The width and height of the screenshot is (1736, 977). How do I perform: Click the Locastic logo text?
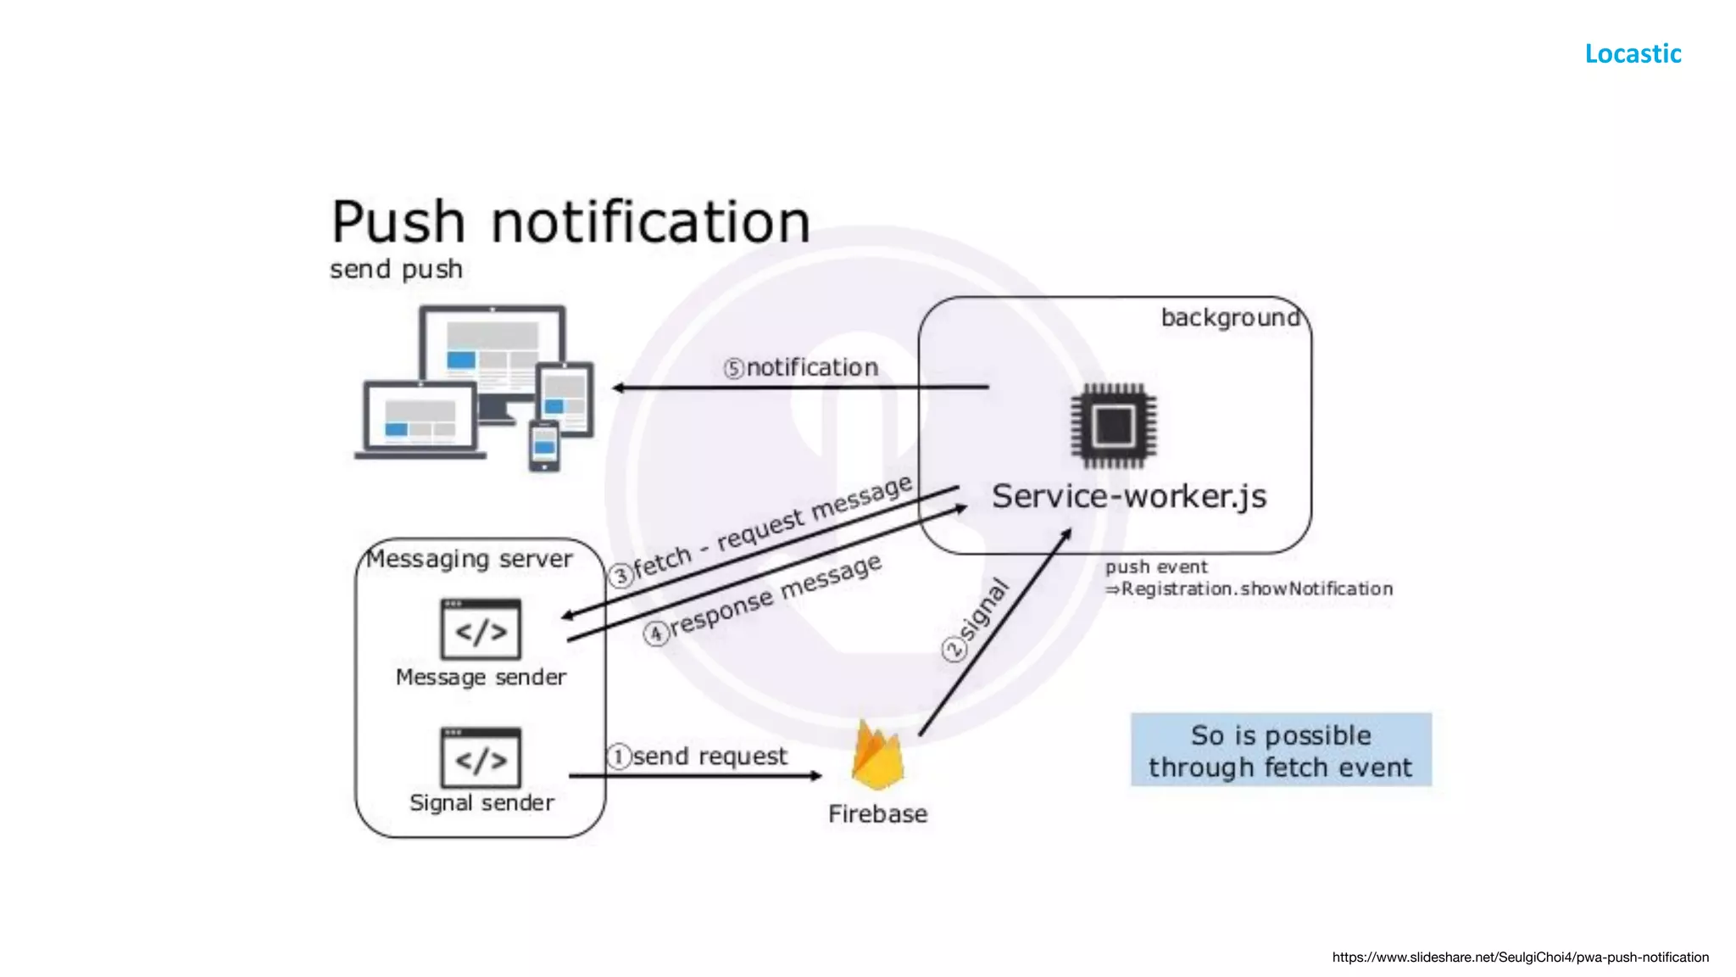pyautogui.click(x=1633, y=53)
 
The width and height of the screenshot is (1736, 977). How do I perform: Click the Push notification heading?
pyautogui.click(x=570, y=222)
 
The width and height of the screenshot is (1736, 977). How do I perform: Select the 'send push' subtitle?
pyautogui.click(x=396, y=270)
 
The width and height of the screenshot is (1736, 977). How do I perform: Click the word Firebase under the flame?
pyautogui.click(x=877, y=814)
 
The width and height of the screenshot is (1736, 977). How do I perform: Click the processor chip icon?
pyautogui.click(x=1113, y=426)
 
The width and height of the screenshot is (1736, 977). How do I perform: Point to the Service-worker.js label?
pyautogui.click(x=1128, y=496)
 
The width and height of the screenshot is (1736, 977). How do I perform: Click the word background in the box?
pyautogui.click(x=1229, y=318)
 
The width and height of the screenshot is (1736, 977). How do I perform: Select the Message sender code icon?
pyautogui.click(x=481, y=629)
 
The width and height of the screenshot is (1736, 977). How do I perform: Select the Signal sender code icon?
pyautogui.click(x=481, y=757)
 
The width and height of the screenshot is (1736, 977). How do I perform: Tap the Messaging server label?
pyautogui.click(x=470, y=559)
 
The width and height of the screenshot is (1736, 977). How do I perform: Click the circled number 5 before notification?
pyautogui.click(x=733, y=369)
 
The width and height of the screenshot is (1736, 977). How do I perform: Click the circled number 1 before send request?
pyautogui.click(x=619, y=756)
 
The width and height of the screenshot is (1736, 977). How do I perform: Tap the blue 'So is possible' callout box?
pyautogui.click(x=1280, y=751)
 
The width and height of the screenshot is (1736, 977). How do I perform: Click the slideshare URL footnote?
pyautogui.click(x=1520, y=957)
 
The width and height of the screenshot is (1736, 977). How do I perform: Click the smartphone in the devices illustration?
pyautogui.click(x=544, y=445)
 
